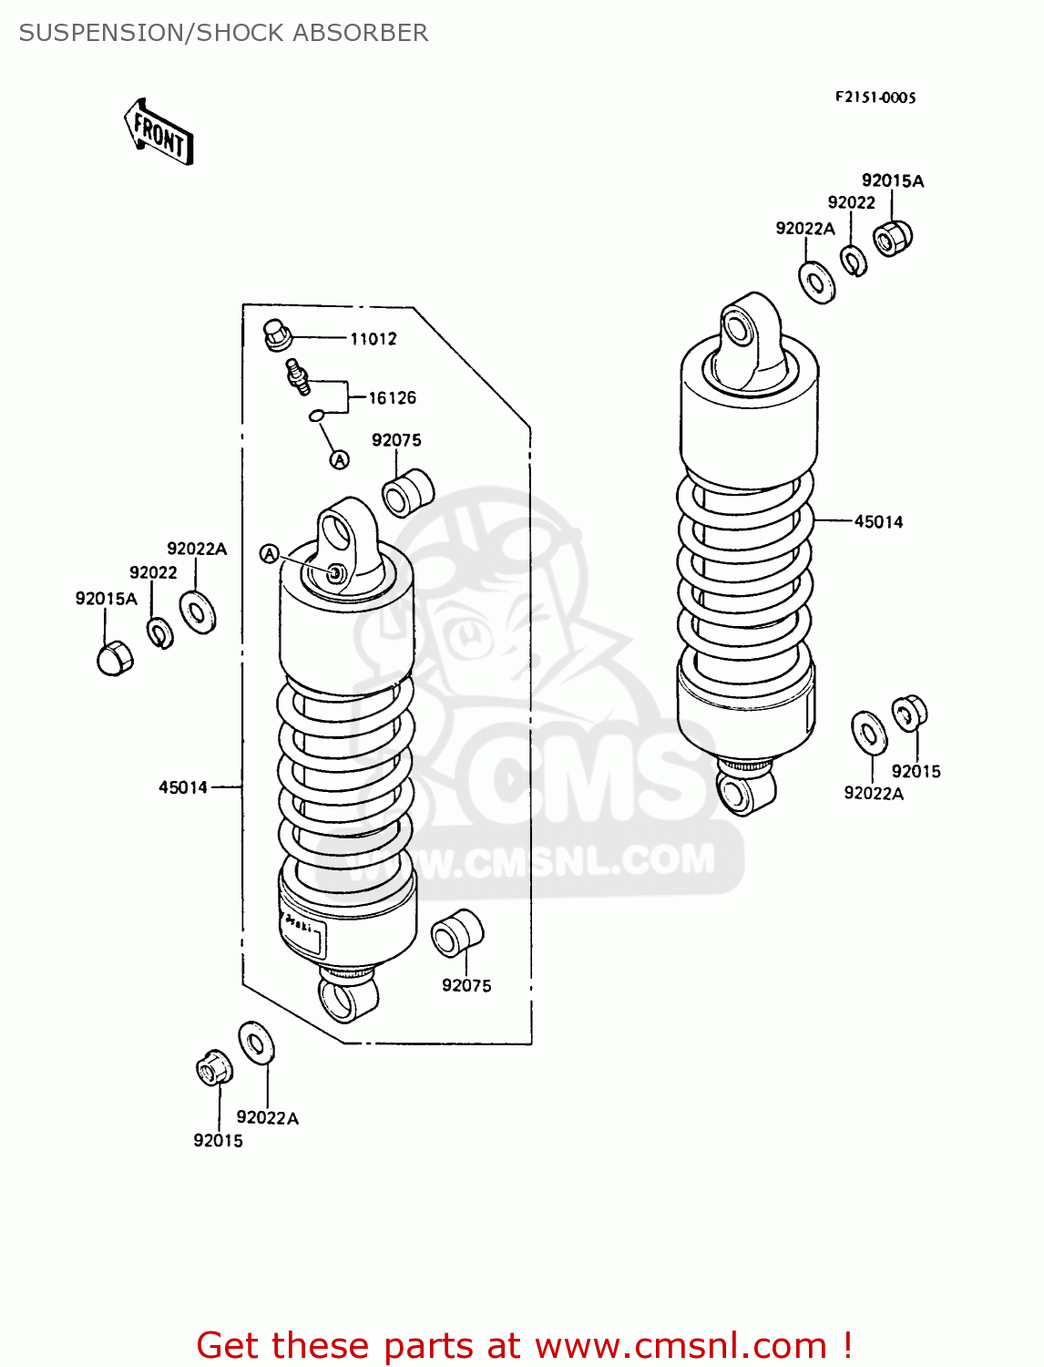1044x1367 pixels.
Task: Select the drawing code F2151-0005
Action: point(875,98)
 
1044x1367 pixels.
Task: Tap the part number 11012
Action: point(374,339)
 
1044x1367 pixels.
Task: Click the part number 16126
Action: point(392,398)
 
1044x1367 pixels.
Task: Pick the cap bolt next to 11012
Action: point(276,334)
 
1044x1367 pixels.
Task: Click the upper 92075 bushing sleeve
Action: point(407,492)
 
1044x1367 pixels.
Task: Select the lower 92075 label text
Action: point(466,986)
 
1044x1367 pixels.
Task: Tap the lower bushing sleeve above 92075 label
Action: point(457,932)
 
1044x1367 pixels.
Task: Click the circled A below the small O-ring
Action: point(339,460)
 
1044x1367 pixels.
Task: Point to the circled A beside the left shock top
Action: point(269,554)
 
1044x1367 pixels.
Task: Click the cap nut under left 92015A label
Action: point(115,657)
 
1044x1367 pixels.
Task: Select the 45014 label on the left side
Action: point(183,787)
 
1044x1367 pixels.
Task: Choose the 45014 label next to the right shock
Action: point(878,522)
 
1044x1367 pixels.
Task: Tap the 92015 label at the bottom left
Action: point(218,1141)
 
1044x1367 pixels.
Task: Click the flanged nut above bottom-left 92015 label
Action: point(215,1067)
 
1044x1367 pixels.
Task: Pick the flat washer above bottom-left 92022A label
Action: point(257,1043)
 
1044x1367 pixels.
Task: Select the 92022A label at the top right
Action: point(805,229)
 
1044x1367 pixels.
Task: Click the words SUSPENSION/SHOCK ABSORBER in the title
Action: point(223,33)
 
